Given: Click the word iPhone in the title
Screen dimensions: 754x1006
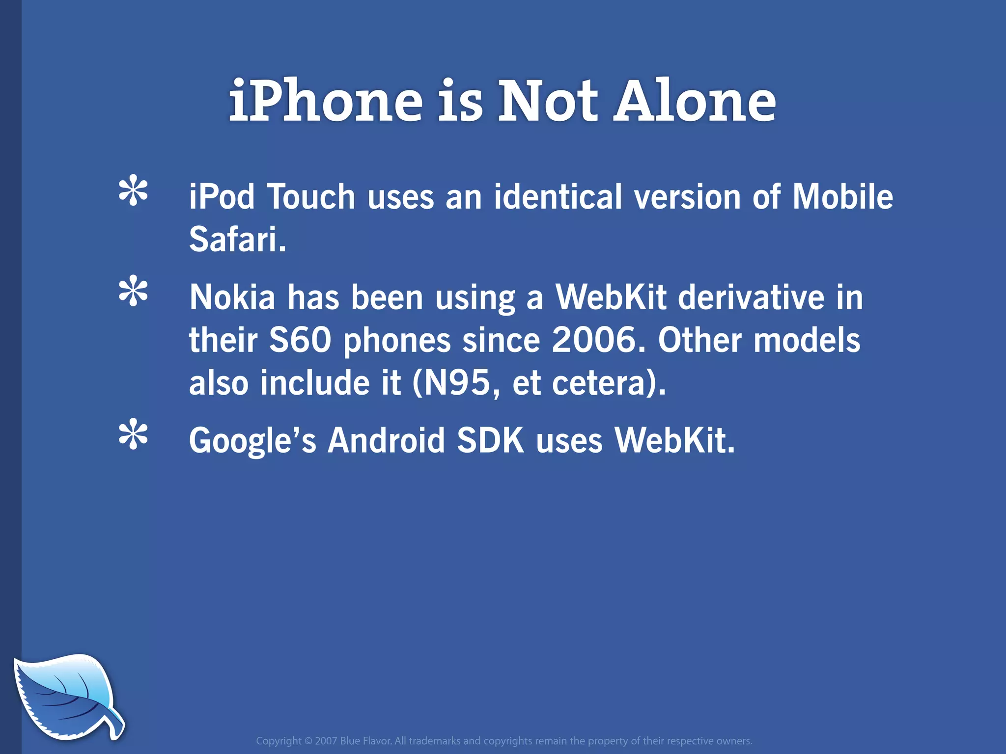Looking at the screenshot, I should [326, 102].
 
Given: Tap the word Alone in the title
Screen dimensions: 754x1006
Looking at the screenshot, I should [695, 102].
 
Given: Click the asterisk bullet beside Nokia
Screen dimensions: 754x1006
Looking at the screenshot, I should [133, 293].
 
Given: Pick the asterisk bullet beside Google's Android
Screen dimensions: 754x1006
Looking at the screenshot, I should [133, 434].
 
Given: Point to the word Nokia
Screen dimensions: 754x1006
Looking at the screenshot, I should [232, 297].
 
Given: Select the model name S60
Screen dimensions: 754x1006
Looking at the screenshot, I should [300, 340].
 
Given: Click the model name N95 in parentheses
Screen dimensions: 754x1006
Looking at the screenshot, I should [457, 383].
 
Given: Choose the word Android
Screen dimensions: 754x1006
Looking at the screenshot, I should [386, 440].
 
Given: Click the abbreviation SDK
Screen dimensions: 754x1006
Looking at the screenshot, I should [490, 440].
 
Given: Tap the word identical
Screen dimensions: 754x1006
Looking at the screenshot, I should [558, 197].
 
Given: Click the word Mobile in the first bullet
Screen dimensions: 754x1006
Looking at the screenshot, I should [843, 197].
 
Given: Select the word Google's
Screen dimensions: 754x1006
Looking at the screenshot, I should [252, 440].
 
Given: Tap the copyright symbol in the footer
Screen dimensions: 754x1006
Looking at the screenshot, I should [308, 741].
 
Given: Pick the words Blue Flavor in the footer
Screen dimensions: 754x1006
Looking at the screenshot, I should [365, 741].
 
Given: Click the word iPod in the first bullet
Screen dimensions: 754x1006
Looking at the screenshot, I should [222, 197].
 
